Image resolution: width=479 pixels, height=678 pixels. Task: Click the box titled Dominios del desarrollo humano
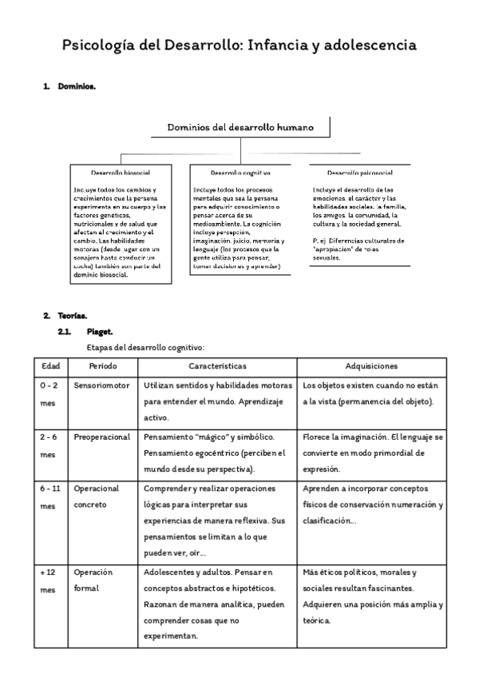pos(239,126)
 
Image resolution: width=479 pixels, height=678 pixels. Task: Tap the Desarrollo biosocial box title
pos(120,172)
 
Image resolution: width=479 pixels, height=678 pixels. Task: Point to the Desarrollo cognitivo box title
pos(240,172)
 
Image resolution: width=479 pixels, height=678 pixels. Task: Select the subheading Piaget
pos(100,331)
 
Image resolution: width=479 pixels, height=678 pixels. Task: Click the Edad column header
pos(51,365)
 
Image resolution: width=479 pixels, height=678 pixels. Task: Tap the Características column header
pos(217,365)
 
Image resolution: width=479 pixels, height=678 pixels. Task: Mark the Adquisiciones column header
pos(371,365)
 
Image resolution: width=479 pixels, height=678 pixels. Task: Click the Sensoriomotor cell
pos(101,385)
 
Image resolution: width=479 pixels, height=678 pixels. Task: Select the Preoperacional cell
pos(101,438)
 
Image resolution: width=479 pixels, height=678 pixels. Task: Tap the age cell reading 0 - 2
pos(48,385)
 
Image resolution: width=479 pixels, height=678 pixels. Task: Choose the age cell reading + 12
pos(48,573)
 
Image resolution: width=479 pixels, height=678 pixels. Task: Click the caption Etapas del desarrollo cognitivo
pos(145,347)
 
